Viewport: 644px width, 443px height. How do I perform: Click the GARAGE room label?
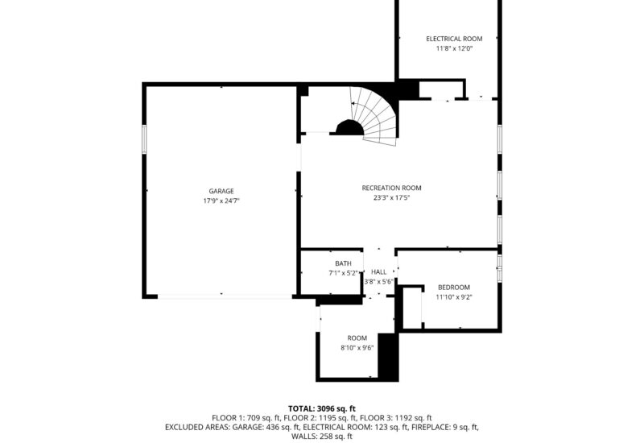[x=221, y=191]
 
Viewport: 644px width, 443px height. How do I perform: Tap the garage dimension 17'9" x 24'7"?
[x=221, y=201]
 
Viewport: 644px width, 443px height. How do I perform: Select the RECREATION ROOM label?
[x=391, y=188]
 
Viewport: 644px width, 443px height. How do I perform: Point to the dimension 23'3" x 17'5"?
[x=391, y=197]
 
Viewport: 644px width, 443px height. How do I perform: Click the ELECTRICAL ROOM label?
[x=454, y=39]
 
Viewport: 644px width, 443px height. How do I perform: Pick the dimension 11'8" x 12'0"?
[x=454, y=48]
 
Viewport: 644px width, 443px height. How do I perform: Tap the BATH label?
[x=343, y=263]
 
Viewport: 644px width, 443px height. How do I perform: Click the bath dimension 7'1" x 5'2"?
[x=343, y=273]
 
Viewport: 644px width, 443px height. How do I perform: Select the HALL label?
[x=378, y=272]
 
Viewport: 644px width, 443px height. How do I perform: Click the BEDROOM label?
[x=453, y=288]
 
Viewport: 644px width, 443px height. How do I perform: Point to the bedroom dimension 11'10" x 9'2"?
[x=453, y=297]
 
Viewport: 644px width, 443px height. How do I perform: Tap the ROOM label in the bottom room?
[x=357, y=337]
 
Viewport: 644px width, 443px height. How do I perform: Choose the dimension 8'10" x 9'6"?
[x=357, y=347]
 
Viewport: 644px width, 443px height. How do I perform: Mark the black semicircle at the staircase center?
[x=349, y=128]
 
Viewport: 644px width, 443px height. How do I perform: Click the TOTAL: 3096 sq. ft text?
[x=321, y=408]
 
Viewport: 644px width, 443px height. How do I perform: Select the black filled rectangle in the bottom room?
[x=388, y=356]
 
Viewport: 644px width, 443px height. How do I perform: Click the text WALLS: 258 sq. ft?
[x=321, y=436]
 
